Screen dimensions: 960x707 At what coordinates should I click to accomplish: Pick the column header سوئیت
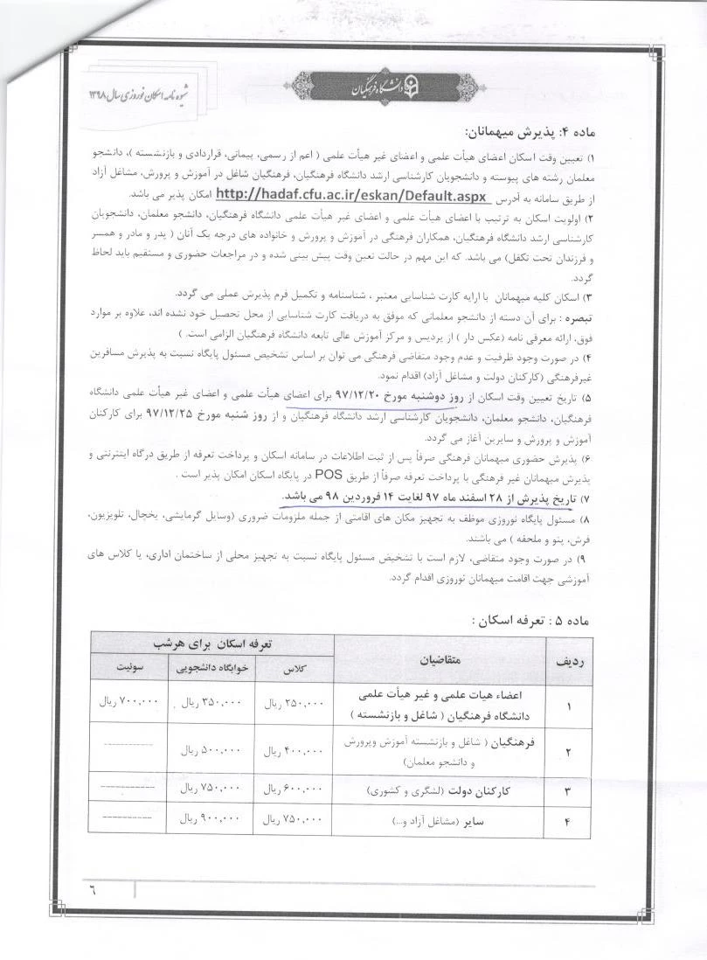point(128,669)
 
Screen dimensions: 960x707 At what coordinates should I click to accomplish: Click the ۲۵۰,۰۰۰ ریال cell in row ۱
point(293,704)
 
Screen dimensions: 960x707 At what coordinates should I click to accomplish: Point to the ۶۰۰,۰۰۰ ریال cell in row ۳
point(293,790)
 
